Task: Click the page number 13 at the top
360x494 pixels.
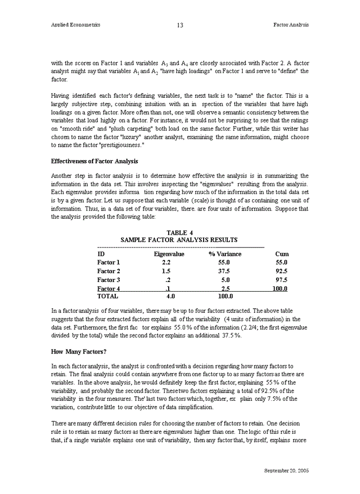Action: pyautogui.click(x=180, y=25)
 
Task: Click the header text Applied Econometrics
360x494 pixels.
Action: pyautogui.click(x=76, y=25)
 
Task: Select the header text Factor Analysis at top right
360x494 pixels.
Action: pyautogui.click(x=291, y=25)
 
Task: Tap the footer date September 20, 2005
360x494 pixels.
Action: pyautogui.click(x=286, y=471)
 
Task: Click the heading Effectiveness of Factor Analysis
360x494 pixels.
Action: pyautogui.click(x=94, y=162)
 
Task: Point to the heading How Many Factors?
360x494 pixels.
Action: pyautogui.click(x=79, y=351)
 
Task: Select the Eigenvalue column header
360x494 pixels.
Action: pyautogui.click(x=166, y=254)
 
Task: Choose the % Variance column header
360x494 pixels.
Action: pyautogui.click(x=225, y=254)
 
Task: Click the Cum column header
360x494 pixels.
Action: pyautogui.click(x=281, y=254)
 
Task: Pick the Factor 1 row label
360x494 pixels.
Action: pyautogui.click(x=109, y=262)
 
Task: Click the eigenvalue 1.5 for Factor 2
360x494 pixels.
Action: pyautogui.click(x=166, y=271)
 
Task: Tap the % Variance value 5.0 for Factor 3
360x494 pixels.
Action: pyautogui.click(x=225, y=280)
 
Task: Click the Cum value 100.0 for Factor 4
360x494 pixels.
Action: pyautogui.click(x=280, y=289)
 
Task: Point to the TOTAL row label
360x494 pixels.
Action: pyautogui.click(x=107, y=296)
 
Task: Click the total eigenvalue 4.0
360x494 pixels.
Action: pyautogui.click(x=171, y=296)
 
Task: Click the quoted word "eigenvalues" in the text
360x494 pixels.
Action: pyautogui.click(x=217, y=184)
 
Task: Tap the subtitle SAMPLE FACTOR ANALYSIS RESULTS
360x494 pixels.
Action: pyautogui.click(x=179, y=240)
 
